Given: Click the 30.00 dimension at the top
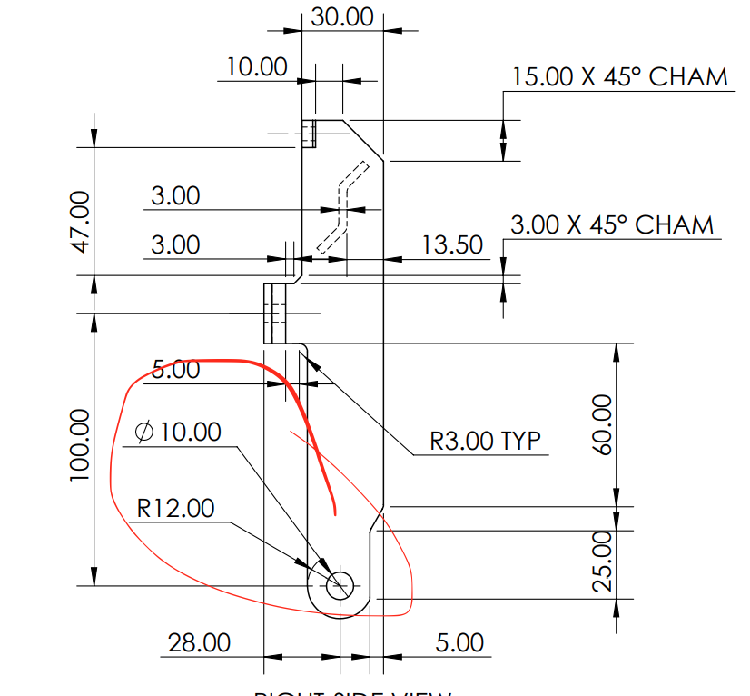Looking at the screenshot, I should (x=342, y=16).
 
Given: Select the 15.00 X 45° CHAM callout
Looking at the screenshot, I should (x=619, y=76).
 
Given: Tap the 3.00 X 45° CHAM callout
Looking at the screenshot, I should (x=611, y=224).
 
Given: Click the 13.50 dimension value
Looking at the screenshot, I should (x=452, y=244).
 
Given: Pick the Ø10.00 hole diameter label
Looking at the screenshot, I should (x=178, y=431).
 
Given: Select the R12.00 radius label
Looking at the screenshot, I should (x=176, y=508).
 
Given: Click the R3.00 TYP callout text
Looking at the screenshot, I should (x=486, y=441).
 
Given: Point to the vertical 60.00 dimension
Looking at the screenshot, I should (x=603, y=424).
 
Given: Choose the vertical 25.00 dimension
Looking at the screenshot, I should (x=603, y=562).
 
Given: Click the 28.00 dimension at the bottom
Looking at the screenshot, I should (x=199, y=642).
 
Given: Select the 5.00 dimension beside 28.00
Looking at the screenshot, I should (x=459, y=642).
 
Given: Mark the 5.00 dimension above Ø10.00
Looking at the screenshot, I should (x=175, y=370).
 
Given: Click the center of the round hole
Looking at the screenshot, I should (x=341, y=585).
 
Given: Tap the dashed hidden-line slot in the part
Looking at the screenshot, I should (x=342, y=207).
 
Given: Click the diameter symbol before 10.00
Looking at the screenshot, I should (x=143, y=432).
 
